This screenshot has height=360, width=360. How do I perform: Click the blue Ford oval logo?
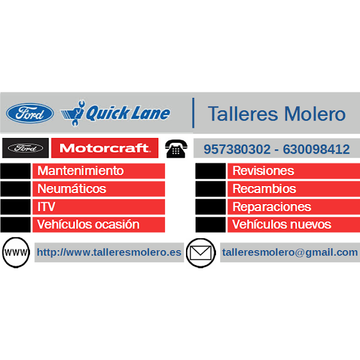(30, 113)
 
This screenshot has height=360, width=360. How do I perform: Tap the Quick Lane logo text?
(128, 113)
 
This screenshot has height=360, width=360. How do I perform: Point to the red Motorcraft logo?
(105, 148)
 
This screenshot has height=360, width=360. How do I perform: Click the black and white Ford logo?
(26, 148)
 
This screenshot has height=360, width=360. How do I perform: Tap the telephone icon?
(176, 149)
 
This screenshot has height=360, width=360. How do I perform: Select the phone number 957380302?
(237, 149)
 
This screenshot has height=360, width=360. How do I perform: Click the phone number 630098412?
(316, 149)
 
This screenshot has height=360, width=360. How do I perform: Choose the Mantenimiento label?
(80, 171)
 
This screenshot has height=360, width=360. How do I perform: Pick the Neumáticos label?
(71, 189)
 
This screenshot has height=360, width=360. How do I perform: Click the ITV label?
(46, 207)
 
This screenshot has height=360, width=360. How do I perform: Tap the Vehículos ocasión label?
(88, 225)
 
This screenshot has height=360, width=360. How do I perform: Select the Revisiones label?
(263, 171)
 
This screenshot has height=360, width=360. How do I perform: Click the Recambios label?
(264, 189)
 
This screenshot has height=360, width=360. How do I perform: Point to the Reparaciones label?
(271, 207)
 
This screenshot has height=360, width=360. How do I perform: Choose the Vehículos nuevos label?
(281, 225)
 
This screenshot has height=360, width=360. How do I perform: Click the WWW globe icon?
(16, 253)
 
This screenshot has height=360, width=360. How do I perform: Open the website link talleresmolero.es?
(109, 253)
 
